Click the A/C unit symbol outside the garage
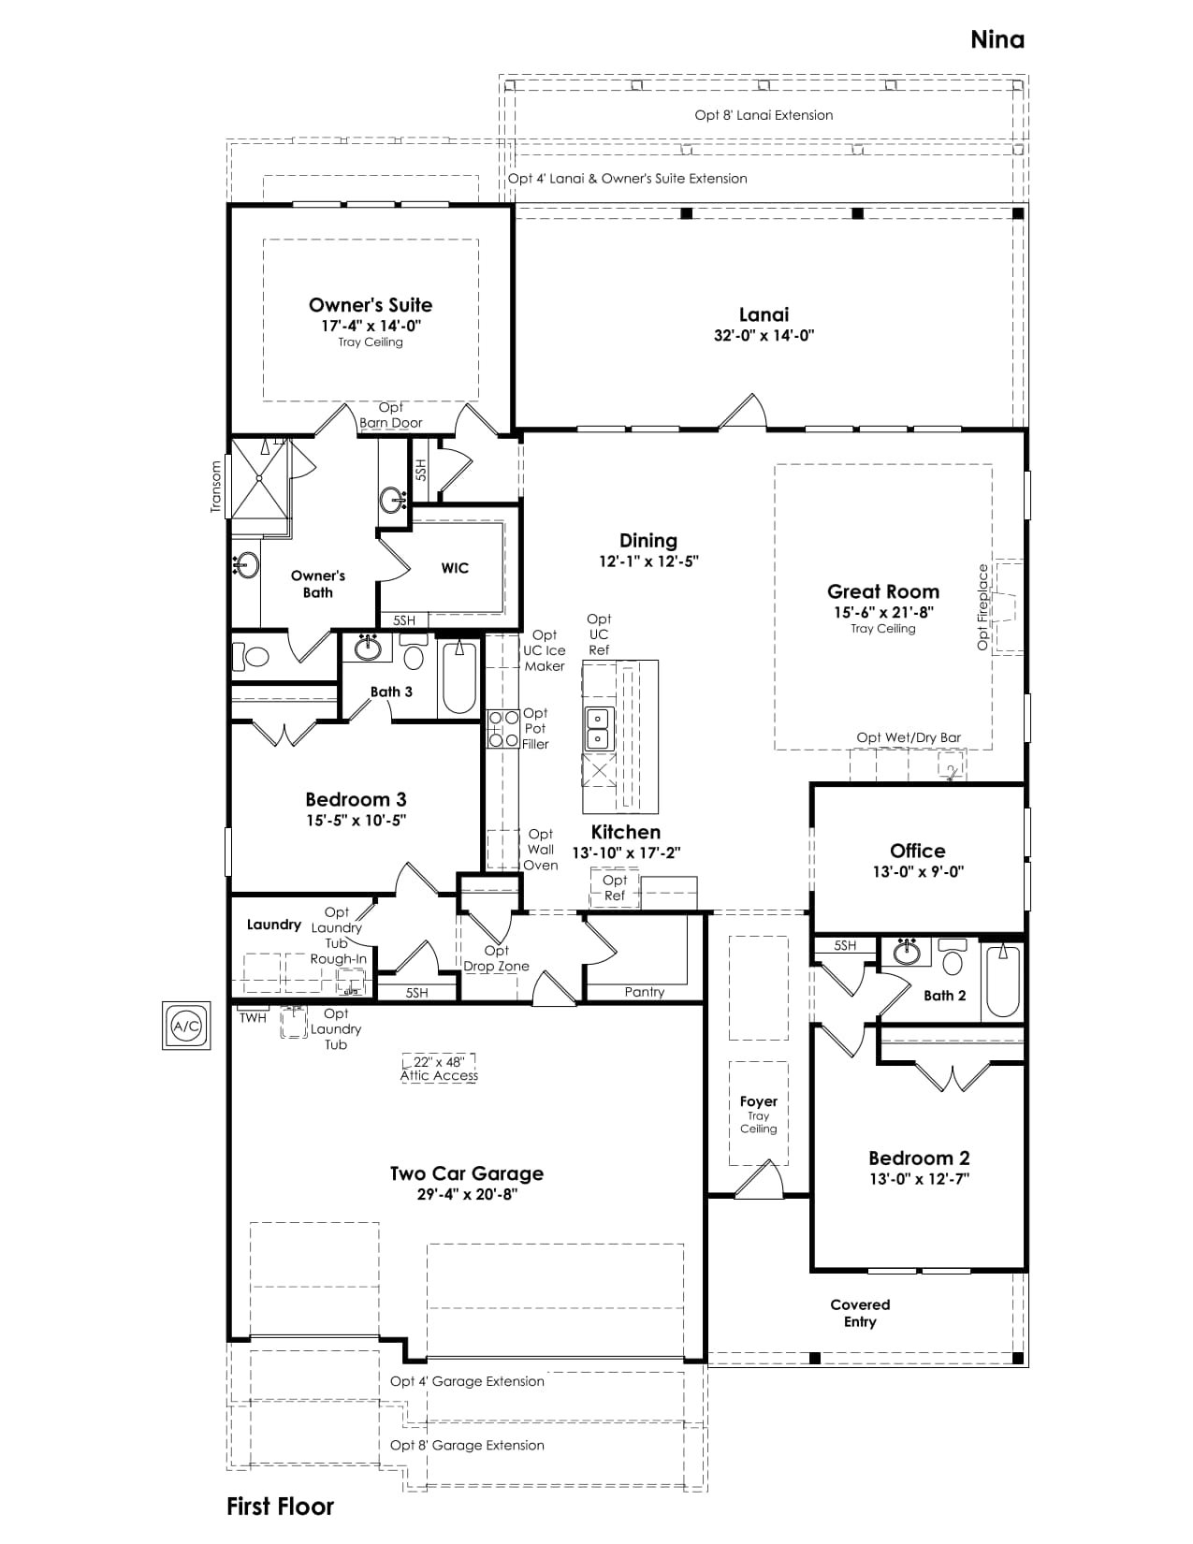coord(186,1026)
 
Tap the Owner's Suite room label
coord(371,305)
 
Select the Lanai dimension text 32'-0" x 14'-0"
coord(764,335)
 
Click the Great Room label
coord(883,591)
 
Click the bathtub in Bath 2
coord(1002,981)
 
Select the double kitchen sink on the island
coord(598,729)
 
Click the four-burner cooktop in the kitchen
coord(502,728)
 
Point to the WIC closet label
coord(455,568)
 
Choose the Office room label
coord(917,851)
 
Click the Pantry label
coord(645,991)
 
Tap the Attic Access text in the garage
coord(439,1076)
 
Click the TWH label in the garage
coord(253,1018)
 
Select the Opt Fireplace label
coord(982,606)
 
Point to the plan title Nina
coord(997,40)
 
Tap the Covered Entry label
coord(860,1313)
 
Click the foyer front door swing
coord(759,1179)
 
